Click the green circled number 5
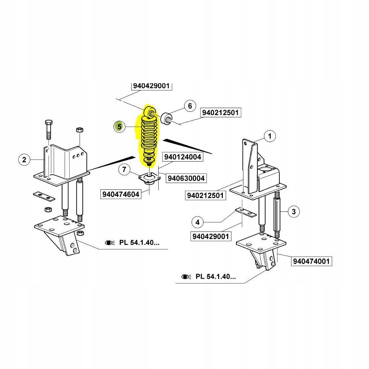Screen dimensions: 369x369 click(x=119, y=127)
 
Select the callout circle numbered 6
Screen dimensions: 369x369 click(x=190, y=106)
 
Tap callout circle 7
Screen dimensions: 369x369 click(x=124, y=170)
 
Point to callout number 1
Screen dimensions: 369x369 click(x=270, y=136)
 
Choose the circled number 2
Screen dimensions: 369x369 click(x=24, y=160)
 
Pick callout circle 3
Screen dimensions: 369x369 click(x=293, y=211)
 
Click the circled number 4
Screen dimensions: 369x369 click(x=197, y=222)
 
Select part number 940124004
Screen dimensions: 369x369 click(x=183, y=157)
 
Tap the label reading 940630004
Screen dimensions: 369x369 click(x=186, y=178)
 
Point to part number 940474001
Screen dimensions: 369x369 click(x=311, y=261)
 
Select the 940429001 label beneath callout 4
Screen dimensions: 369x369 click(x=210, y=237)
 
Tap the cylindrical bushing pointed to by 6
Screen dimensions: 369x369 click(x=167, y=119)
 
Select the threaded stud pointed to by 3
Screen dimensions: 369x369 click(x=277, y=214)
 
